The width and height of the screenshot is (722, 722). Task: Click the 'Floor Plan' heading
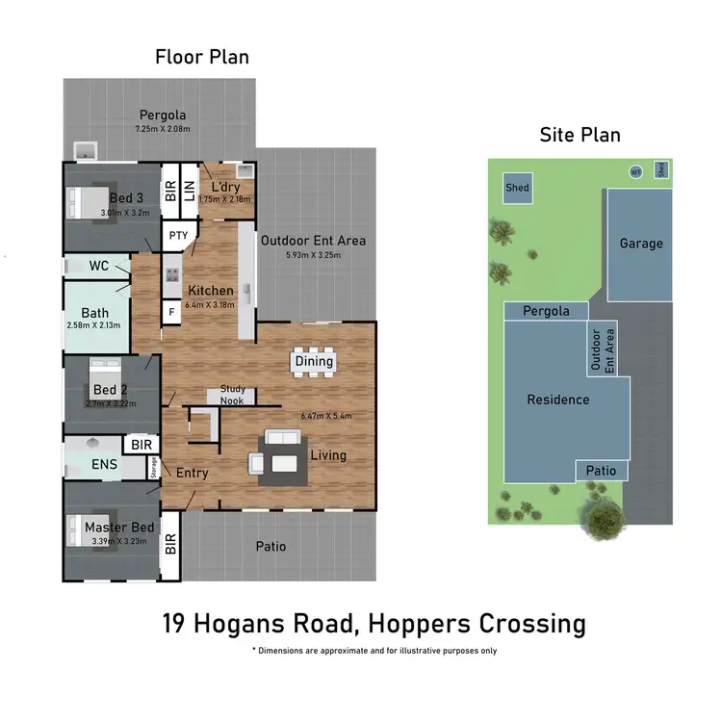tap(202, 57)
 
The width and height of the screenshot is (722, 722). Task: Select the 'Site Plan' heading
tap(580, 135)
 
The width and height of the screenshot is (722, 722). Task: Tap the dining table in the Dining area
tap(314, 361)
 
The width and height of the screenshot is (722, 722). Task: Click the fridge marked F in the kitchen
tap(171, 313)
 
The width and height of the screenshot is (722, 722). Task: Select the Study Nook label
tap(232, 395)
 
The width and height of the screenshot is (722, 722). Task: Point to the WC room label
tap(98, 265)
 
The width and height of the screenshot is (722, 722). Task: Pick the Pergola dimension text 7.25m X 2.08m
tap(162, 128)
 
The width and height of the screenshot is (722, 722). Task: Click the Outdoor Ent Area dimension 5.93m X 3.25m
tap(313, 255)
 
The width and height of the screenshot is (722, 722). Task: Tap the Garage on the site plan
tap(640, 244)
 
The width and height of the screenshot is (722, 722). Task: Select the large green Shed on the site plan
tap(517, 189)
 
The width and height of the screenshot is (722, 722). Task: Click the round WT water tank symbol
tap(634, 171)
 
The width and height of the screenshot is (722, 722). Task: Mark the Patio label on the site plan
tap(602, 471)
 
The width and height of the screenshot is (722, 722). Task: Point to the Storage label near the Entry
tap(153, 468)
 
